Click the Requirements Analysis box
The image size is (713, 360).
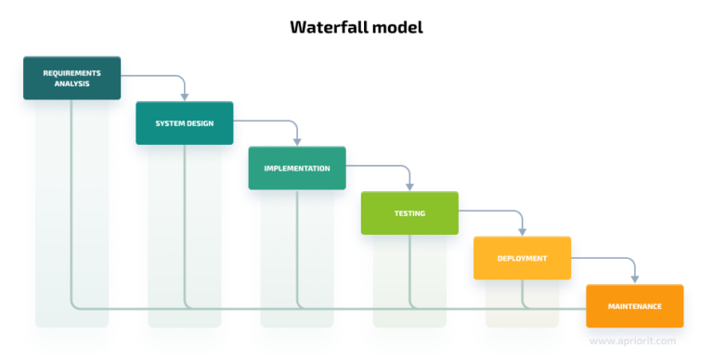71,78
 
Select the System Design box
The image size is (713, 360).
184,123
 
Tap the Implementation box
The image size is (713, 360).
297,168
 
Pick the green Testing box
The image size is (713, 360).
409,212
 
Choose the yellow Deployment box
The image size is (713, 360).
522,258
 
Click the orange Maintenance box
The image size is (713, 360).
634,305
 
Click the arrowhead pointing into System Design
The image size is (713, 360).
184,96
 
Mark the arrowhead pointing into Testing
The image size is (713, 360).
409,186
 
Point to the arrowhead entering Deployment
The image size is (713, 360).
522,230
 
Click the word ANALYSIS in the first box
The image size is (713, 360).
71,84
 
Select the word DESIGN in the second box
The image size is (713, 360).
201,123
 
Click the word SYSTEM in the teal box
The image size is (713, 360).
169,123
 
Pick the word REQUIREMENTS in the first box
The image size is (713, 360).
71,72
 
